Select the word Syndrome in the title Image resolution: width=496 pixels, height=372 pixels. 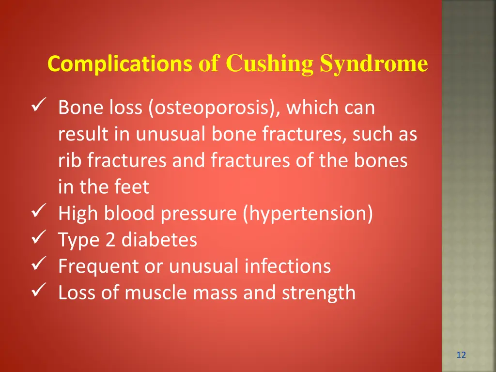coord(373,64)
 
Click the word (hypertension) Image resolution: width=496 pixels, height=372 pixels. coord(308,214)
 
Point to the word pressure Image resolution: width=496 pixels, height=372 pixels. coord(200,214)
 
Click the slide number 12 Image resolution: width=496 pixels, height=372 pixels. coord(461,355)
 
